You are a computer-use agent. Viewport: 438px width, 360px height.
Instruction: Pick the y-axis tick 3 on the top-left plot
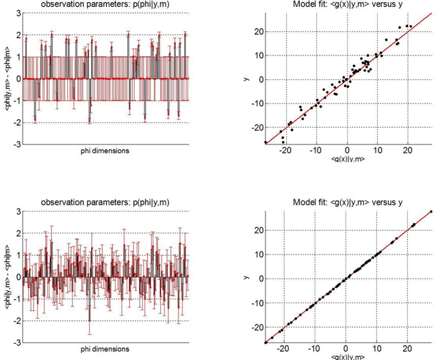tap(18, 13)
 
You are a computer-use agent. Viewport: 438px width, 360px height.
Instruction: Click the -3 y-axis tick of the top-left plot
tap(17, 144)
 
